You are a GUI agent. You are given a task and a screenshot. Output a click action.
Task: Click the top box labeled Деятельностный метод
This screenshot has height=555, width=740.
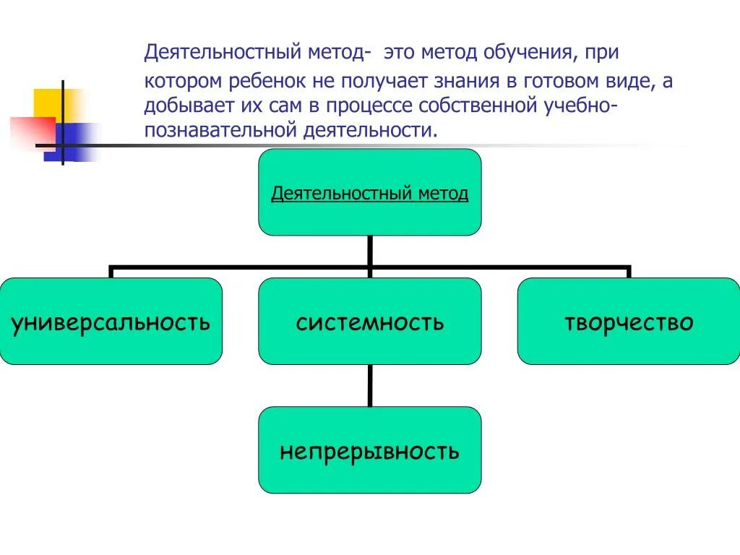[369, 192]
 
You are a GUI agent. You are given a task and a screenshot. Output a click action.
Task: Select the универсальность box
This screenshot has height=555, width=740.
[111, 321]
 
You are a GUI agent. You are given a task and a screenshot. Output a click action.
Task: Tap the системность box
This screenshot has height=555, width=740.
[369, 321]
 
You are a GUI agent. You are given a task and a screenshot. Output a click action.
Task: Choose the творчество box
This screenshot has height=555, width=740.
[628, 321]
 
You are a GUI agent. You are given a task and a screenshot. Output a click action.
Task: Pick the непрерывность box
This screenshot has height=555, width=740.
[369, 450]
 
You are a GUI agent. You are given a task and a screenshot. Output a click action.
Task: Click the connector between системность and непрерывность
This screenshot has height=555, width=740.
[370, 385]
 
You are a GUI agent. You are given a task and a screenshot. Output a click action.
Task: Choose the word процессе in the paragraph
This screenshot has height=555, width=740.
[366, 106]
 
